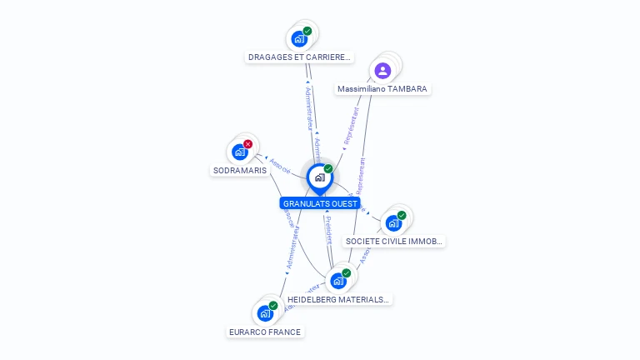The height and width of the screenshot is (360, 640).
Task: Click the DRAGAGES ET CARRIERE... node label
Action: pyautogui.click(x=300, y=57)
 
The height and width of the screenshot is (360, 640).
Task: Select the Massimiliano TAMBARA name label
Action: pyautogui.click(x=383, y=88)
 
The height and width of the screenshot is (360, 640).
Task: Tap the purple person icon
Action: pyautogui.click(x=382, y=70)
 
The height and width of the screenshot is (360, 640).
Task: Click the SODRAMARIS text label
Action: pyautogui.click(x=240, y=170)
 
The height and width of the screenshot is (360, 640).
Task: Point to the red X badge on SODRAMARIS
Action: pyautogui.click(x=247, y=144)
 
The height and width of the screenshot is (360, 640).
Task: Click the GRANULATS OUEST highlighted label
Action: pyautogui.click(x=320, y=203)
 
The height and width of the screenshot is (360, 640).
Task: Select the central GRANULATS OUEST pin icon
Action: pyautogui.click(x=319, y=177)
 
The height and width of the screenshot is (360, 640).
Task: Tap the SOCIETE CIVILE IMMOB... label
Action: pyautogui.click(x=395, y=241)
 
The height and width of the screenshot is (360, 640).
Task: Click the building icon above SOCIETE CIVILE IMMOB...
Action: pyautogui.click(x=393, y=223)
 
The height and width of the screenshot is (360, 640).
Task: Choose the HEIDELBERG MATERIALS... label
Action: pyautogui.click(x=337, y=299)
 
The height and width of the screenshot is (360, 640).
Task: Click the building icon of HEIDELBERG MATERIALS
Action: pyautogui.click(x=337, y=281)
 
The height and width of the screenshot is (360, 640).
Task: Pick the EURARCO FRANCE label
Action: pyautogui.click(x=265, y=332)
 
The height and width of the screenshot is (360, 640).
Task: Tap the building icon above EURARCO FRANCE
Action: pyautogui.click(x=264, y=313)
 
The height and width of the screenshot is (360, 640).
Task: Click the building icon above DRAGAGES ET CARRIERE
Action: pyautogui.click(x=298, y=38)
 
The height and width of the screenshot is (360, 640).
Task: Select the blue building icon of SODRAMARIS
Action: pyautogui.click(x=239, y=152)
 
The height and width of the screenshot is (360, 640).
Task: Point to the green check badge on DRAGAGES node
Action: pyautogui.click(x=307, y=31)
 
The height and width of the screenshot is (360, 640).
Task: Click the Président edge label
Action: pyautogui.click(x=328, y=230)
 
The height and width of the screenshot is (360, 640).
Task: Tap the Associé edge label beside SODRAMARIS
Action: pyautogui.click(x=281, y=165)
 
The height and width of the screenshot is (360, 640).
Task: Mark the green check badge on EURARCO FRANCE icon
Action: pyautogui.click(x=272, y=306)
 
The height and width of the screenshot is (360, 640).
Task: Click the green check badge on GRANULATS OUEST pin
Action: pyautogui.click(x=328, y=169)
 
